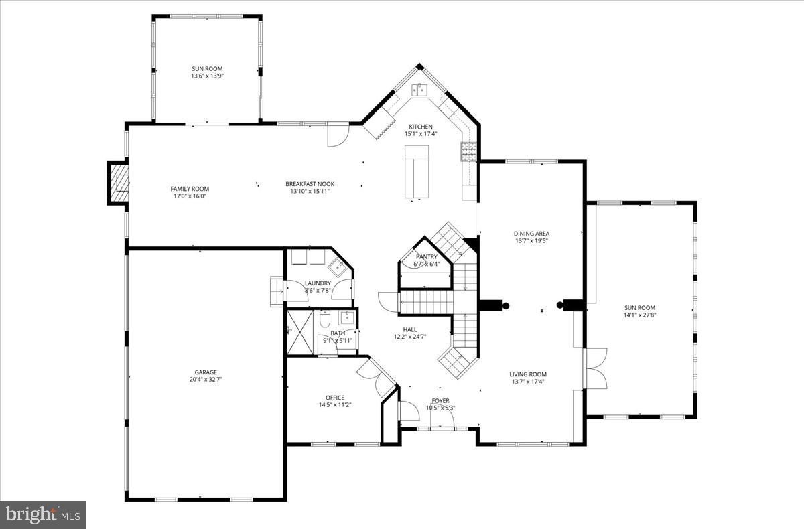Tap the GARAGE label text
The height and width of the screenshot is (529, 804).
point(206,372)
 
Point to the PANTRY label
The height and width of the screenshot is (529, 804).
point(426,256)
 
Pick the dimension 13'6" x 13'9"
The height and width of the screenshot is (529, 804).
point(206,76)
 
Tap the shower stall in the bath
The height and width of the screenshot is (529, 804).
point(299,330)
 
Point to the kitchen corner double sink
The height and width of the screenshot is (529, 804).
point(421,90)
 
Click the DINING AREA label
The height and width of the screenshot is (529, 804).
point(532,234)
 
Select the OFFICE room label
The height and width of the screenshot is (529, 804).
point(335,398)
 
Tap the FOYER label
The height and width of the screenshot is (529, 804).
point(440,401)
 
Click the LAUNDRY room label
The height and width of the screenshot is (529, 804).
point(318,283)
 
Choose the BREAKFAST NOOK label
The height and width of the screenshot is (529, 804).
point(310,184)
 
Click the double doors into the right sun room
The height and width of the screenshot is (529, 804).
point(595,368)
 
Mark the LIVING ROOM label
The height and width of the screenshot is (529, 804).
point(528,374)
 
